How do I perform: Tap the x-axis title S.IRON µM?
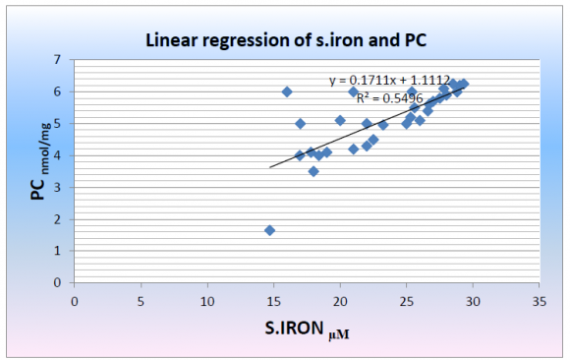(307, 333)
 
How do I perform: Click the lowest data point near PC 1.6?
(269, 230)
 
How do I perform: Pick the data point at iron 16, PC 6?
(287, 91)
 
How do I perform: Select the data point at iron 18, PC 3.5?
(313, 171)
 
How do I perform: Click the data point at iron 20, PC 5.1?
(340, 120)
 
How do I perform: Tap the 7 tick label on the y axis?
(57, 60)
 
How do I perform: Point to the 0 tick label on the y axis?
(57, 282)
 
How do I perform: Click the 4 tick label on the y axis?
(57, 155)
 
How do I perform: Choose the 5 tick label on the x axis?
(141, 301)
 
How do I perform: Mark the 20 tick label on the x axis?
(339, 301)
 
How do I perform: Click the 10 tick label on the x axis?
(206, 301)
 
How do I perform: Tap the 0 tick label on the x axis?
(75, 301)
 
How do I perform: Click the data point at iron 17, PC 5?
(300, 123)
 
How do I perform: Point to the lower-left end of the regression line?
(270, 166)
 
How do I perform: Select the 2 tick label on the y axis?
(57, 218)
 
